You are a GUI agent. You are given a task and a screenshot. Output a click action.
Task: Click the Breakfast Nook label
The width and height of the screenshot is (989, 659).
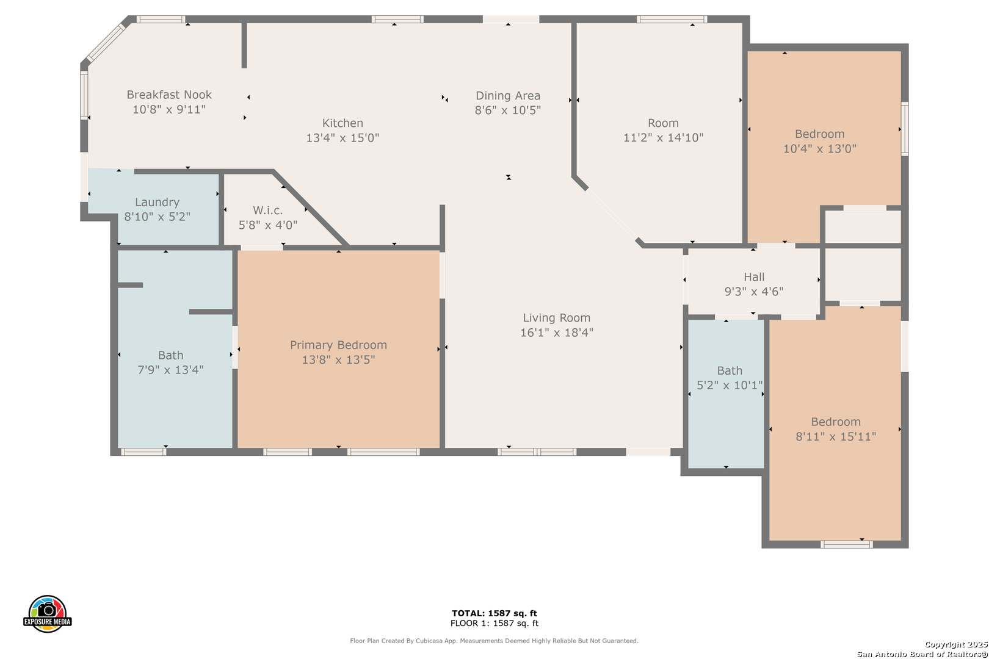[169, 95]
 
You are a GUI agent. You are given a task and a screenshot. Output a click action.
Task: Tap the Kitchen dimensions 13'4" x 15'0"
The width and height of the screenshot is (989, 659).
[342, 138]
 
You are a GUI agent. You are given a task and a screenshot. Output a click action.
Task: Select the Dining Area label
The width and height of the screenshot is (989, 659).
[508, 96]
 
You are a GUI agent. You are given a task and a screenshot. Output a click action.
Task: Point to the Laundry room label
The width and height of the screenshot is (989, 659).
[157, 202]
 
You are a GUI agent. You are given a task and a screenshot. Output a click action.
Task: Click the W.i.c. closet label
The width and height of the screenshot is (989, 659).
[267, 211]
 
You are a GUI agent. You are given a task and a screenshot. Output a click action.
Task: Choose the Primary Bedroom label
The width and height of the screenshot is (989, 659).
[338, 345]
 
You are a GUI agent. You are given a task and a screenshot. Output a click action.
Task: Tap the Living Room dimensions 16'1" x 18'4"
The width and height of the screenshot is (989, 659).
[556, 333]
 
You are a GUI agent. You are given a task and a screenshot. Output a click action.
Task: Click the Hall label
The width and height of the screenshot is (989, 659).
[754, 277]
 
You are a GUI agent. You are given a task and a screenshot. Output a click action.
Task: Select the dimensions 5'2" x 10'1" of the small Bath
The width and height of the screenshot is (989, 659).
[730, 386]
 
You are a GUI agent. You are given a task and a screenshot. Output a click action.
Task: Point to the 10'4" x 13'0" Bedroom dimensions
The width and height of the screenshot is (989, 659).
[819, 149]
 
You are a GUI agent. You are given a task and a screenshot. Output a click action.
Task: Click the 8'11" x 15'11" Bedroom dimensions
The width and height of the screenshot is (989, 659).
[835, 436]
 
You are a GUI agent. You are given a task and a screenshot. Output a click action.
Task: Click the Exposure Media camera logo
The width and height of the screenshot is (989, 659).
[47, 613]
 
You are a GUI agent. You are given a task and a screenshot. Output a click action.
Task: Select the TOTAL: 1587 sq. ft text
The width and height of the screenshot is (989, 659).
[494, 613]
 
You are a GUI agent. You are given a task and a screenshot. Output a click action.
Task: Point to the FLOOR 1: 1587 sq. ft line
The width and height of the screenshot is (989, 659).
[494, 623]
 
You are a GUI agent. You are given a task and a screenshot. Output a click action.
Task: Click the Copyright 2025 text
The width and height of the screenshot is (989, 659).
[956, 645]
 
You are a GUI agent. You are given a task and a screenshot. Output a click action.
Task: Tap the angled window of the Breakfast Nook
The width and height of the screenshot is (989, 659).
[106, 42]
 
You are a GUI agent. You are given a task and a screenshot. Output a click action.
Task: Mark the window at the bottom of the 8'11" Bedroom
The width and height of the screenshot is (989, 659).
[846, 545]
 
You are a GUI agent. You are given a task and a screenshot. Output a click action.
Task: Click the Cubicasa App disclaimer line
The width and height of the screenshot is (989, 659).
[494, 641]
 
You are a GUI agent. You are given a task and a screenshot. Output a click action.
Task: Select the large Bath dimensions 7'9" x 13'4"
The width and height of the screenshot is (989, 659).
[170, 370]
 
